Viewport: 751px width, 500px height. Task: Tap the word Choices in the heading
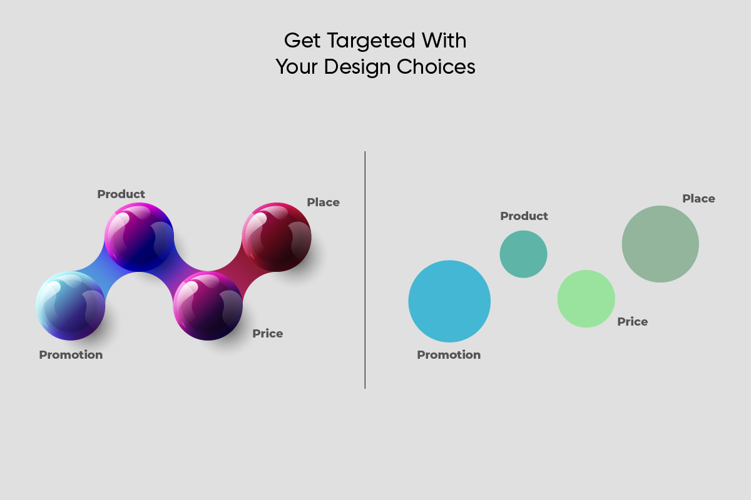(436, 67)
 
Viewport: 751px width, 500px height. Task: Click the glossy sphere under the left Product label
(139, 237)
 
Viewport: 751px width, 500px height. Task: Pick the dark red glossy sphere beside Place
(277, 237)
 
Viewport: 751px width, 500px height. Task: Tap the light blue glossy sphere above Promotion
(70, 306)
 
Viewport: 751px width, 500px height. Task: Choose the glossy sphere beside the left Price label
(208, 306)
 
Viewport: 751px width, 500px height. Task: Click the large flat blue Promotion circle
(449, 301)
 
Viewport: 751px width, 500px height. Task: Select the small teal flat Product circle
(523, 254)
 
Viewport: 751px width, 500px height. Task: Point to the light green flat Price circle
(586, 299)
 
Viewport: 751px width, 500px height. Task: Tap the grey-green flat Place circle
(660, 244)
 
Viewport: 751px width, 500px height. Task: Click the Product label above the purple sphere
(121, 194)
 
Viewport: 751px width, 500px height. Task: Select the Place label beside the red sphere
(323, 202)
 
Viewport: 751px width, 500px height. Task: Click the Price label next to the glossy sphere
(268, 334)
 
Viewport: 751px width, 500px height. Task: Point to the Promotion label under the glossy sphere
(71, 354)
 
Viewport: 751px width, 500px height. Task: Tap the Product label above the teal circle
(524, 216)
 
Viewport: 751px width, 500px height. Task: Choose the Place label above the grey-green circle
(698, 199)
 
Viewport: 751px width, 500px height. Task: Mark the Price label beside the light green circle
(632, 322)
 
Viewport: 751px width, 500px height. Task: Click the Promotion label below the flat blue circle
(449, 354)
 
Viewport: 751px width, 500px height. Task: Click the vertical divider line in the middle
(365, 270)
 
